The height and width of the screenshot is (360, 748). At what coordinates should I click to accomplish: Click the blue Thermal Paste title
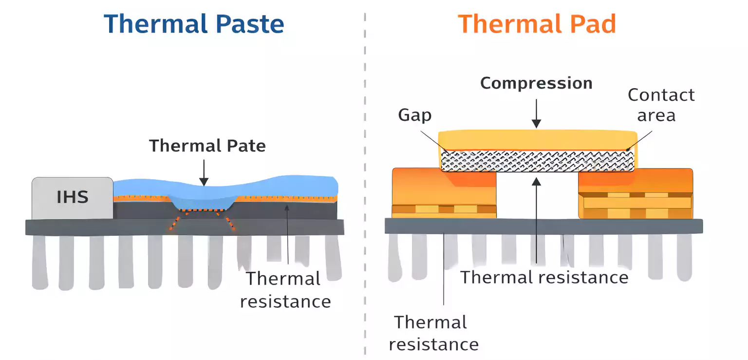pyautogui.click(x=194, y=23)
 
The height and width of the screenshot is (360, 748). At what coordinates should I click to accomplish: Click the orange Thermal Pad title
pyautogui.click(x=537, y=23)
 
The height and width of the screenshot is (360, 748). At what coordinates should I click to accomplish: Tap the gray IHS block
pyautogui.click(x=72, y=197)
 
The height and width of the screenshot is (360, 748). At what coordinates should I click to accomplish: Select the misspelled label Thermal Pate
pyautogui.click(x=207, y=146)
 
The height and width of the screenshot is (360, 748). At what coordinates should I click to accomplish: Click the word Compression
pyautogui.click(x=536, y=83)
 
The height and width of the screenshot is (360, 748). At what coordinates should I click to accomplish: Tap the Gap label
pyautogui.click(x=415, y=115)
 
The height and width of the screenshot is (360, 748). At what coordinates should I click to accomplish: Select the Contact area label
pyautogui.click(x=661, y=105)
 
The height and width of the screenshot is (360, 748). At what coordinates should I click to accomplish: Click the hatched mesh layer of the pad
pyautogui.click(x=538, y=161)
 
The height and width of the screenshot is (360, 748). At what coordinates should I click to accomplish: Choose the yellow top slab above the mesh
pyautogui.click(x=538, y=140)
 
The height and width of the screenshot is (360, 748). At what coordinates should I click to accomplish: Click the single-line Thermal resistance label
pyautogui.click(x=544, y=277)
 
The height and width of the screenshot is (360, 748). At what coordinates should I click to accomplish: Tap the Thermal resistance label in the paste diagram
pyautogui.click(x=285, y=290)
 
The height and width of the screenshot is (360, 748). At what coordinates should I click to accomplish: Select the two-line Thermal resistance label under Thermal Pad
pyautogui.click(x=433, y=333)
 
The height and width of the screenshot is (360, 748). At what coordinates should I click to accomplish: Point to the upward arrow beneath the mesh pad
pyautogui.click(x=536, y=219)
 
